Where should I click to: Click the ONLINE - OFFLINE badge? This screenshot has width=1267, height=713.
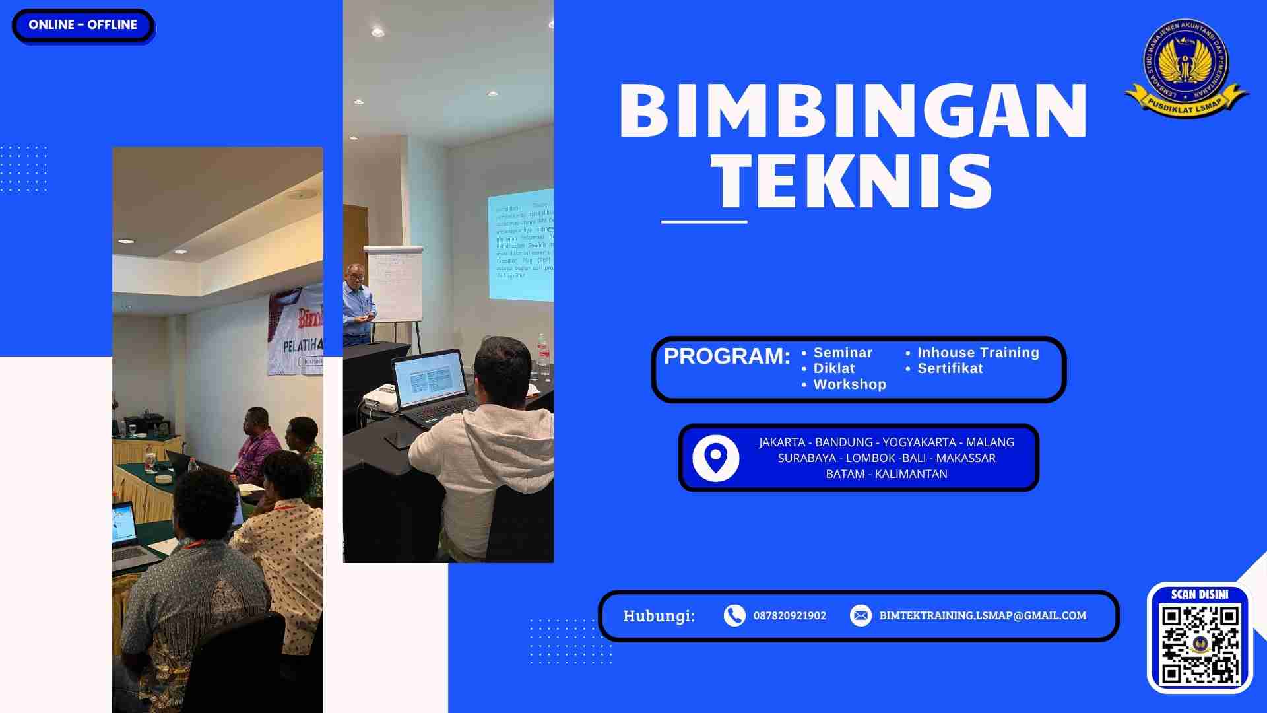click(82, 25)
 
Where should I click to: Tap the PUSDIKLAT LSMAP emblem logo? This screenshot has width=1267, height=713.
click(1186, 67)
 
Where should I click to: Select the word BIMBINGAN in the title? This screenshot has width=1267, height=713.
click(853, 111)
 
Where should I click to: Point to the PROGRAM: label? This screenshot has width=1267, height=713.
click(727, 356)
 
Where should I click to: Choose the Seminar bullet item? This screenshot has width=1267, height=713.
click(843, 353)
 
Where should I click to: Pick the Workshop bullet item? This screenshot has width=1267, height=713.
click(849, 384)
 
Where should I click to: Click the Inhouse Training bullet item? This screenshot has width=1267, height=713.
click(978, 353)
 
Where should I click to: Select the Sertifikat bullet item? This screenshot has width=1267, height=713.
click(950, 368)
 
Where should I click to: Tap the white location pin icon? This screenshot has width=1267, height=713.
click(716, 458)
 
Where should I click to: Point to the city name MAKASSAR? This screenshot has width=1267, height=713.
click(965, 458)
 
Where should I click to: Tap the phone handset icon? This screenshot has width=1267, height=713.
click(734, 615)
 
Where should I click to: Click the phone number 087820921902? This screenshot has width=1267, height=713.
click(789, 615)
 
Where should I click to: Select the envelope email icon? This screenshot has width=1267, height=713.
click(861, 615)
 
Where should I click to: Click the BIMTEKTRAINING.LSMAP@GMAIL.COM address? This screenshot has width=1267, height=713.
click(983, 615)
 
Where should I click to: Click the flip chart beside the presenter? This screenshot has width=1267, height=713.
click(394, 284)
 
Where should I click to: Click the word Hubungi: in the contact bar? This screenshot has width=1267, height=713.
click(659, 616)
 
